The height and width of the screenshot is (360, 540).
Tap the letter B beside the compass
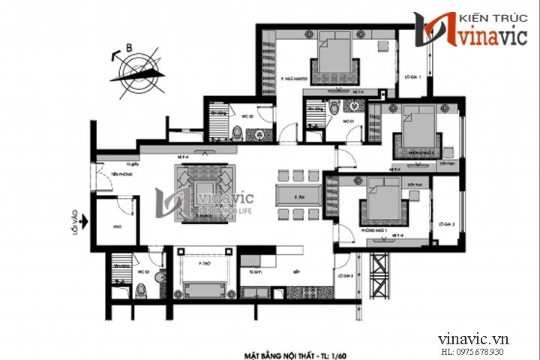point(130,49)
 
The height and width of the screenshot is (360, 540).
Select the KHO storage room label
point(115,224)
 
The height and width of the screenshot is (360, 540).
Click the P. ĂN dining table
point(298,196)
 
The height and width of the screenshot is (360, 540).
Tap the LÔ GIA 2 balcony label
point(448,223)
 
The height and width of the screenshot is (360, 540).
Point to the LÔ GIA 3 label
point(345,277)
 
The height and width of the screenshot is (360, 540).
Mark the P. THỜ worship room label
point(202,263)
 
